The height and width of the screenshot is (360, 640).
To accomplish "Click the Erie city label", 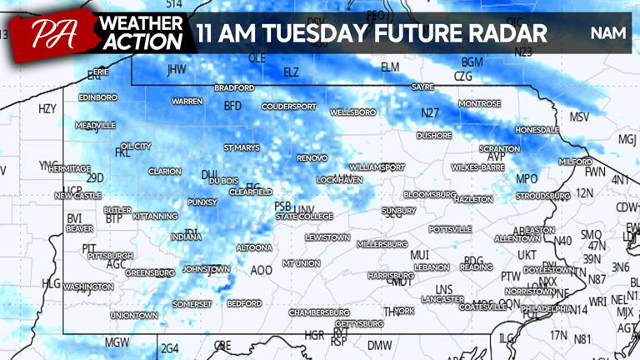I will pyautogui.click(x=101, y=72).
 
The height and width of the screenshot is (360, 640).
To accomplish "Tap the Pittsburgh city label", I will pyautogui.click(x=110, y=256).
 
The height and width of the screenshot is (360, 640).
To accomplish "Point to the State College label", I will pyautogui.click(x=304, y=217).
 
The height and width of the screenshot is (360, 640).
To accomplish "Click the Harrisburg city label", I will pyautogui.click(x=391, y=275).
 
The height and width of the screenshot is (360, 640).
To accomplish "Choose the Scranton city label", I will pyautogui.click(x=499, y=148).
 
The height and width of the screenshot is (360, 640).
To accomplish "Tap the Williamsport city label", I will pyautogui.click(x=377, y=167).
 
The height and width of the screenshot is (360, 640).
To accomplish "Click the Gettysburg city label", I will pyautogui.click(x=359, y=323).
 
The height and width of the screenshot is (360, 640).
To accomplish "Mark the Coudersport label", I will pyautogui.click(x=289, y=107).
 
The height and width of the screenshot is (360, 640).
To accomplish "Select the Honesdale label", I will pyautogui.click(x=537, y=131).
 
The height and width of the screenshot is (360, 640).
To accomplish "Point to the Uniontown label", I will pyautogui.click(x=133, y=316).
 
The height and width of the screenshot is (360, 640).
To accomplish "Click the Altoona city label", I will pyautogui.click(x=254, y=247).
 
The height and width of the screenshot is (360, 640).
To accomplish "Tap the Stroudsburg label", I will pyautogui.click(x=542, y=196).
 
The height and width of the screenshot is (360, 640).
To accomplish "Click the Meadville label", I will pyautogui.click(x=95, y=126).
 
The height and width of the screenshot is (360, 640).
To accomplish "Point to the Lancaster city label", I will pyautogui.click(x=442, y=298).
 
